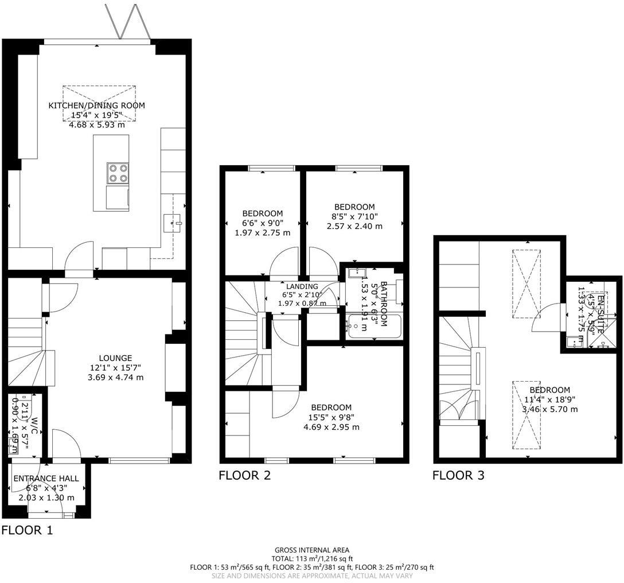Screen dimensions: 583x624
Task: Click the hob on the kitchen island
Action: pos(117,173)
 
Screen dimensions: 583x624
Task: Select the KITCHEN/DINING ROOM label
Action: pos(96,106)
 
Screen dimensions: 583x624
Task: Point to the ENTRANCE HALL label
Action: pos(46,479)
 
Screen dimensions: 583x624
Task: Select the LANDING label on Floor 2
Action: pos(302,287)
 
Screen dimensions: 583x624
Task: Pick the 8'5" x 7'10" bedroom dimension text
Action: pos(354,216)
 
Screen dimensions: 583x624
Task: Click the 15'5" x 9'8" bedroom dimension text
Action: pos(331,417)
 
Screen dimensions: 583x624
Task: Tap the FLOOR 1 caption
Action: pos(27,530)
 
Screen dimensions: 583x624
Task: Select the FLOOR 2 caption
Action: pos(244,475)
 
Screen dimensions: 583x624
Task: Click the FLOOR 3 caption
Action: pos(458,475)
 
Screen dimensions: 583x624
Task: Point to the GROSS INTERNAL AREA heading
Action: pos(311,550)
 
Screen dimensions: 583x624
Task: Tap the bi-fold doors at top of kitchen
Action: pos(128,23)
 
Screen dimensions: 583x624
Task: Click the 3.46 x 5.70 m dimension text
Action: pos(549,409)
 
